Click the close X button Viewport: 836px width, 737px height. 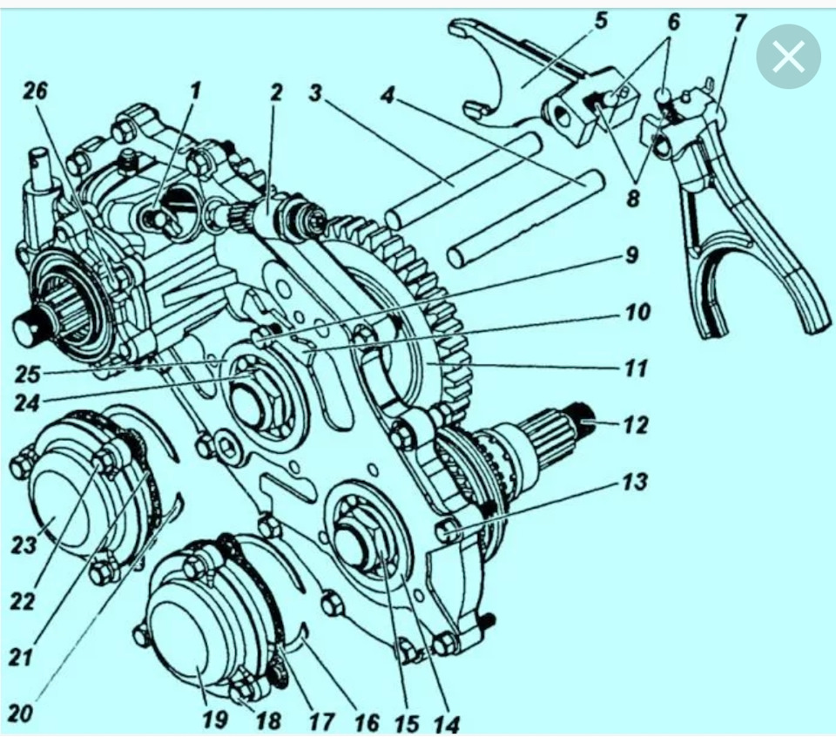[x=787, y=57]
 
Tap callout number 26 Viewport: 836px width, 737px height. [x=35, y=91]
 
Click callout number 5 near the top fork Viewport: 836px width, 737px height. [x=601, y=22]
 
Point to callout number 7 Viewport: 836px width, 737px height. [x=739, y=24]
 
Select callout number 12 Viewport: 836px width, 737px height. [x=636, y=426]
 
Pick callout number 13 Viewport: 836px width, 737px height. [x=635, y=482]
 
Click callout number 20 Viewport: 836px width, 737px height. [x=20, y=713]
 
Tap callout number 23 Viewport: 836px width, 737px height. [x=24, y=544]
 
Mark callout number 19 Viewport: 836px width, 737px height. [x=215, y=720]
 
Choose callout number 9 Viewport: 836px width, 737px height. [x=631, y=255]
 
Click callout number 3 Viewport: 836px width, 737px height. [x=315, y=93]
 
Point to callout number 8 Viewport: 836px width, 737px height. [x=633, y=199]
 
